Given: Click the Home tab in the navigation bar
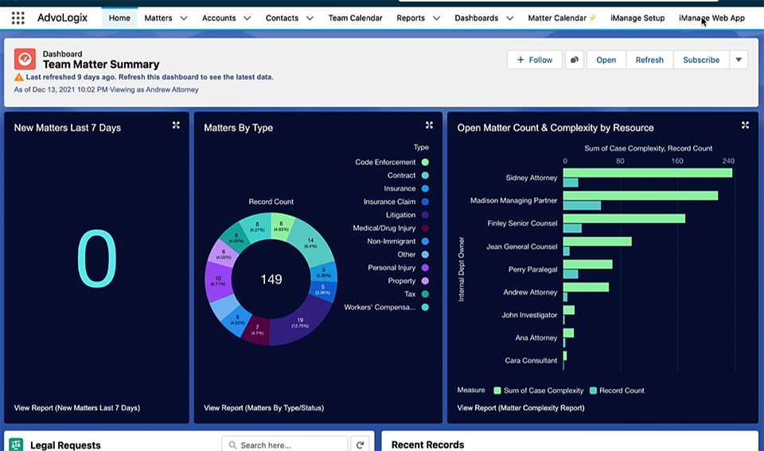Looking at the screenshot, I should [x=119, y=18].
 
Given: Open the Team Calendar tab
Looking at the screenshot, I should [x=355, y=18].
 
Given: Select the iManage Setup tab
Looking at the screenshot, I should [x=637, y=18].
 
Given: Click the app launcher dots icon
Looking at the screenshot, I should [x=18, y=18].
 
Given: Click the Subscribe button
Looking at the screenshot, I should [x=700, y=60].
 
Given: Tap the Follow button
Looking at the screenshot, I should [x=534, y=60].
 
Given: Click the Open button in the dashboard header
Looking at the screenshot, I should [x=606, y=60].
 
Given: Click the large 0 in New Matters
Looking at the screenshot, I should [x=96, y=259].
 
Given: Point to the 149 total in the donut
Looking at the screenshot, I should [x=271, y=280].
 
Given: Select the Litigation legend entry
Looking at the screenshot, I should [x=400, y=215].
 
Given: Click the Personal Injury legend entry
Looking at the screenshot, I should [x=392, y=268].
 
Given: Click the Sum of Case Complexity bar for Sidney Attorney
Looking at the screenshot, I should [x=647, y=173].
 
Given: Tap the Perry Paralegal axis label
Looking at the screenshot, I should [x=532, y=269].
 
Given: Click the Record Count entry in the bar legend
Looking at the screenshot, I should [x=622, y=390].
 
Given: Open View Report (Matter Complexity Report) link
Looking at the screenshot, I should [x=520, y=408].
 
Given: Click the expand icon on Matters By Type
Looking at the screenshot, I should [x=429, y=125].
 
